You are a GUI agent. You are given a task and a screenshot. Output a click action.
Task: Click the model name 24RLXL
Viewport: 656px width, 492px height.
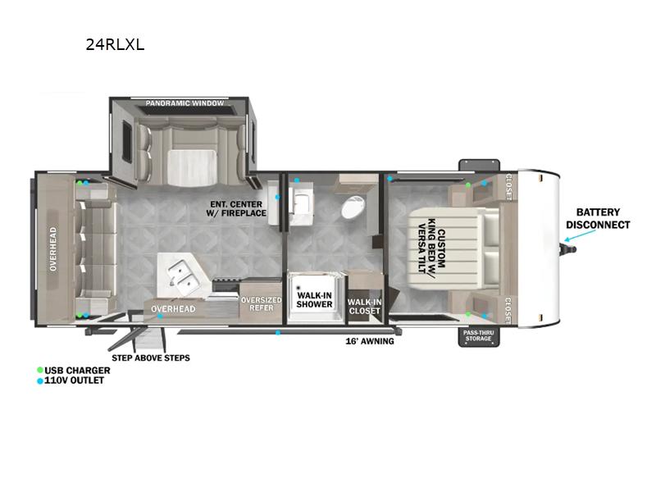(x=115, y=44)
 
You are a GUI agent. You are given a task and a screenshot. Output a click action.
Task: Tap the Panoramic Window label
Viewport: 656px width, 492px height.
(x=184, y=103)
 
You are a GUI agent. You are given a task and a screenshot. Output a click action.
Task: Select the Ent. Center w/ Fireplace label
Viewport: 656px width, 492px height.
(x=236, y=209)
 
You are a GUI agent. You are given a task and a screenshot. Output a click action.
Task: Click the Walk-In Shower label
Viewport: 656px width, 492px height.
(x=314, y=300)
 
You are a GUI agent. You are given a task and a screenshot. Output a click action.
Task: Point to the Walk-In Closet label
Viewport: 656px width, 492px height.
(x=364, y=307)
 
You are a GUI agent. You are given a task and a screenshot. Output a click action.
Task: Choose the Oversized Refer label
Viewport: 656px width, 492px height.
(x=261, y=303)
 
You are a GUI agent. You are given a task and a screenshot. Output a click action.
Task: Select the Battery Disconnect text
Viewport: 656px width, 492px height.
(x=598, y=218)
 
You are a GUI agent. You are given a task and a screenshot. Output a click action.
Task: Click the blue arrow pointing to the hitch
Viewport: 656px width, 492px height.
(x=580, y=235)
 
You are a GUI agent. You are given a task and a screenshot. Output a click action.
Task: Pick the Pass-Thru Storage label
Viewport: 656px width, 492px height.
(x=479, y=335)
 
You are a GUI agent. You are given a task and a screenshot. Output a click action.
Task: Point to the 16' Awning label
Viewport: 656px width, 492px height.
(x=370, y=341)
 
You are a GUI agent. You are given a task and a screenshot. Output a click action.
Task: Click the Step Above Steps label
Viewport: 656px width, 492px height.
(x=151, y=358)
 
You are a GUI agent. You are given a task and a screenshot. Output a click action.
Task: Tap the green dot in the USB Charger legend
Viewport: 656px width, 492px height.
(x=40, y=370)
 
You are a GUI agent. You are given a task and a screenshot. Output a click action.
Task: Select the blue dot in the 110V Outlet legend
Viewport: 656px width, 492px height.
(x=40, y=381)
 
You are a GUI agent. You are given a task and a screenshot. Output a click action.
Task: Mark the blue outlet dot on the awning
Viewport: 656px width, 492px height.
(x=278, y=333)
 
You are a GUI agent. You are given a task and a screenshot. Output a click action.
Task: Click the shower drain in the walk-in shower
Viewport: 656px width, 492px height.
(x=298, y=288)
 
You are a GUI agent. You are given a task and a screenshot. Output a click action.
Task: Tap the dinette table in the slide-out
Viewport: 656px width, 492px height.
(x=193, y=167)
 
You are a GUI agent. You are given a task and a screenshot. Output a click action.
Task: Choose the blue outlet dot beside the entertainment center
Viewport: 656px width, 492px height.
(x=277, y=197)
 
